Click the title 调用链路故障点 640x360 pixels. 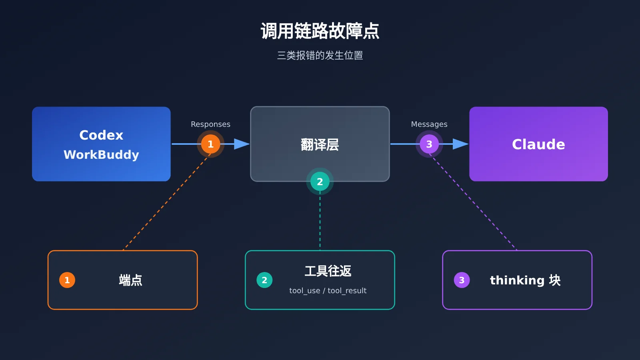pos(320,31)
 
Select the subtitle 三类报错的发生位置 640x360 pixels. pos(320,56)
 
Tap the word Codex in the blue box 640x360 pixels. pos(101,135)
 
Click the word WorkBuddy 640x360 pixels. pos(101,154)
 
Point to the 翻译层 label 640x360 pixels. pos(320,144)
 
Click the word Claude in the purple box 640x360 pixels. pos(538,144)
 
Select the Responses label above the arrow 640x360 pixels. pos(210,124)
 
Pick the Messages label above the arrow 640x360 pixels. pos(429,124)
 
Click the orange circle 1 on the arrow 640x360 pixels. pos(210,144)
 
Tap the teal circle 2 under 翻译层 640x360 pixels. pos(320,182)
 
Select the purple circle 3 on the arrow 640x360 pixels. pos(429,144)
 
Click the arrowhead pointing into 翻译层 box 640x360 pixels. pos(242,144)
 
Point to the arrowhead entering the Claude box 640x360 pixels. pos(460,144)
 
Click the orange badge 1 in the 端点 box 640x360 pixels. pos(67,280)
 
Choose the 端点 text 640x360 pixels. pos(130,280)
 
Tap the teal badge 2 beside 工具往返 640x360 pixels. pos(264,280)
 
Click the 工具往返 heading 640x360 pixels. pos(328,271)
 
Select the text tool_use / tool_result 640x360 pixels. pos(328,290)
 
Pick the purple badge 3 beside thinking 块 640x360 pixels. pos(462,280)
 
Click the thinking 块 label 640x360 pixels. pos(526,280)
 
